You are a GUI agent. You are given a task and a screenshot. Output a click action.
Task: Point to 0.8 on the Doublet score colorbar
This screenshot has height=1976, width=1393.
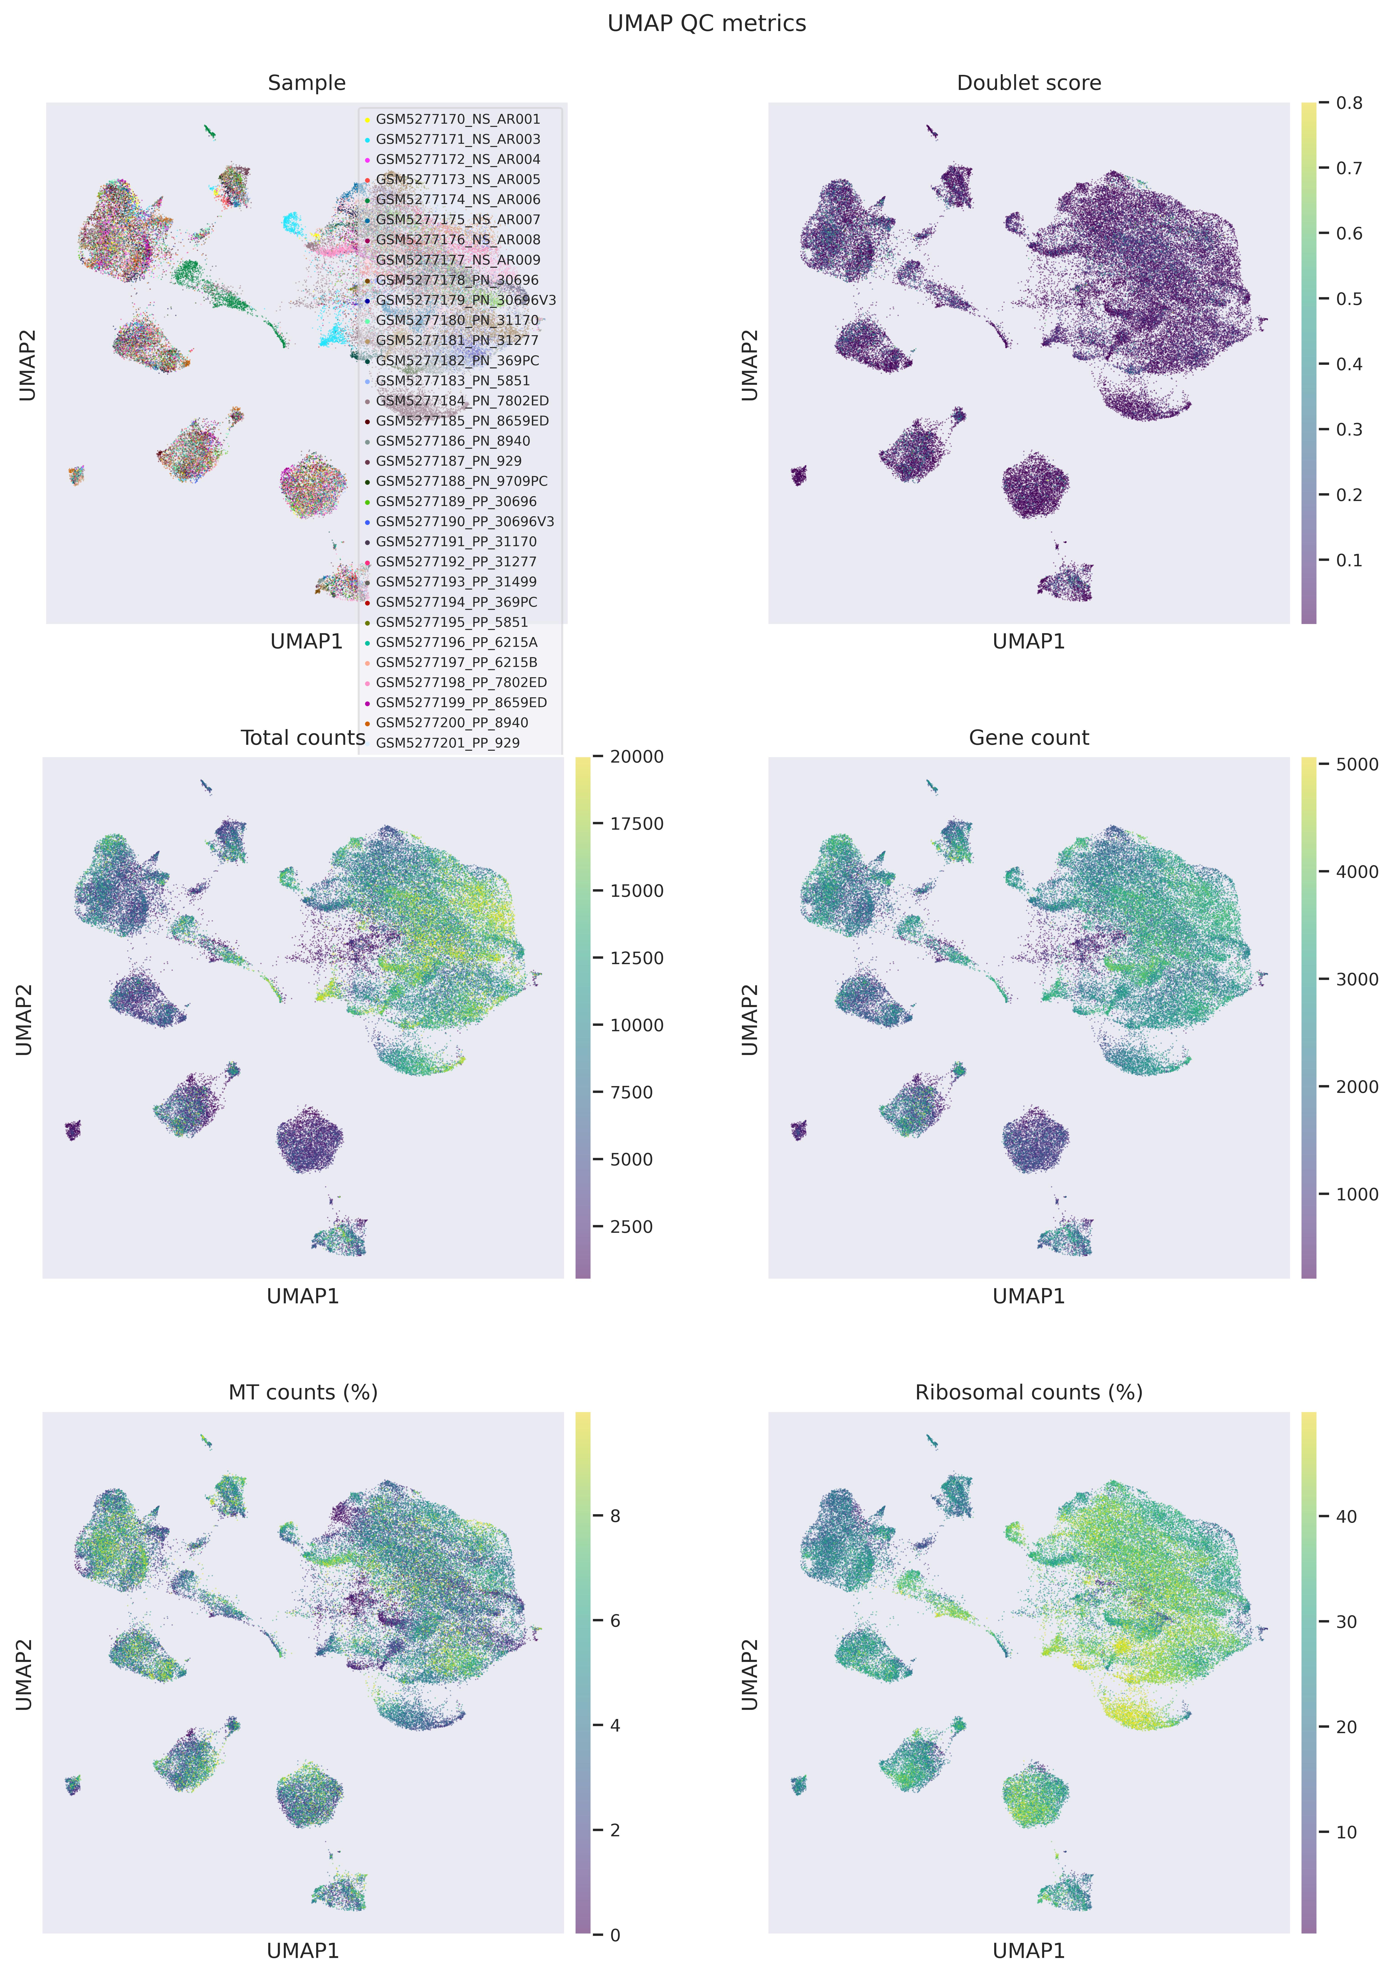[x=1349, y=103]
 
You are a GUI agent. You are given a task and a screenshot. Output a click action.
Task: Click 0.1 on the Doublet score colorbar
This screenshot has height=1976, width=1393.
[x=1349, y=560]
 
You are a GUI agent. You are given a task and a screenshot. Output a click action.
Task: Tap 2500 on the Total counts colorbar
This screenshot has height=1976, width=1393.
[x=631, y=1227]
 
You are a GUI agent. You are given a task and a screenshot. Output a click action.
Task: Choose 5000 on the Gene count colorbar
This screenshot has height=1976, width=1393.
[x=1357, y=764]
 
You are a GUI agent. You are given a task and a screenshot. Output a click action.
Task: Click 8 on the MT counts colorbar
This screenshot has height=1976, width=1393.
[x=615, y=1517]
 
